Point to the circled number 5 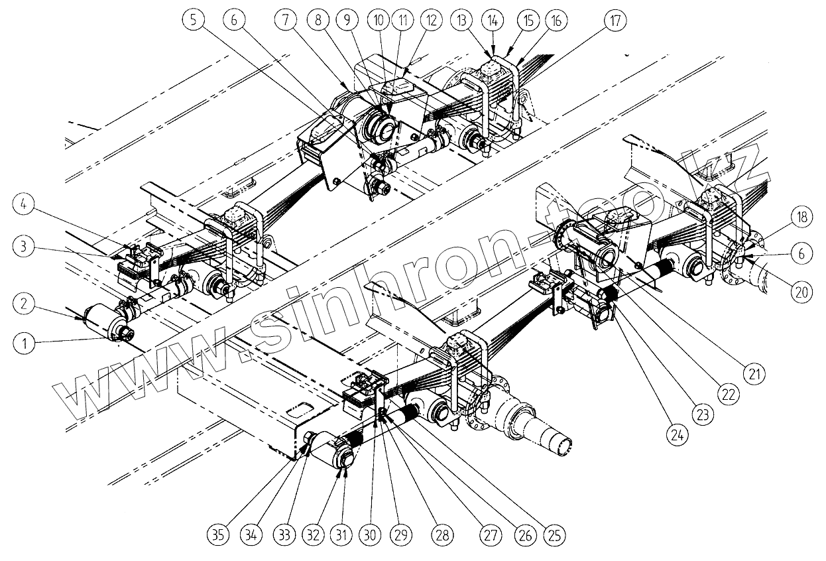pos(193,21)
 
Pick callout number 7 pos(286,21)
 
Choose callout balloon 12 pos(432,21)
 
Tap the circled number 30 pos(371,534)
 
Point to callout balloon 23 pos(703,415)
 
